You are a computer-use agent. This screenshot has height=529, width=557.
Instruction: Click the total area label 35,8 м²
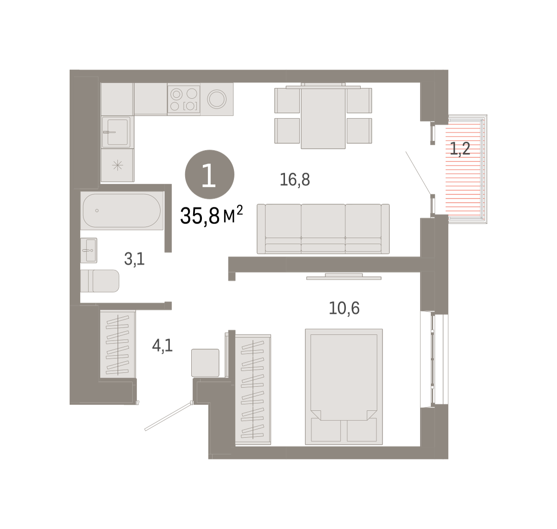(x=211, y=216)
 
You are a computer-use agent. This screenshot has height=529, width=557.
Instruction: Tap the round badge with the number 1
(x=209, y=174)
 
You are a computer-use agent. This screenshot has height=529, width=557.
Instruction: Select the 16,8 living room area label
(x=295, y=180)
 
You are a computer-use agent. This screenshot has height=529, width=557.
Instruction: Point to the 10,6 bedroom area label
(x=344, y=308)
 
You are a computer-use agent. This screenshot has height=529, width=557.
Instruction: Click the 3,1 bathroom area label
(x=134, y=259)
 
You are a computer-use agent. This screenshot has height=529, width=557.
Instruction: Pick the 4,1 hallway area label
(x=162, y=345)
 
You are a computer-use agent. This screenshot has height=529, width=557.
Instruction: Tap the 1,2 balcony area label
(x=460, y=149)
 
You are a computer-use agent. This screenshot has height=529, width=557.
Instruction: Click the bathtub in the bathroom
(x=122, y=210)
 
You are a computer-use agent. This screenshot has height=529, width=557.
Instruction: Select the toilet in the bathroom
(x=100, y=281)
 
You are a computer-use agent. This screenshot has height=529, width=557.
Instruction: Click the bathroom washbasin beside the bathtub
(x=89, y=250)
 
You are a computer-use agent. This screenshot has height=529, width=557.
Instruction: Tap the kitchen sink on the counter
(x=116, y=132)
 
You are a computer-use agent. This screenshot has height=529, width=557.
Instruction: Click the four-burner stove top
(x=184, y=99)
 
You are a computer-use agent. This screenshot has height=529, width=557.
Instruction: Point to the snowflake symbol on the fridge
(x=117, y=165)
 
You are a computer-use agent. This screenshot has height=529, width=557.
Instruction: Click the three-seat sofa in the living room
(x=323, y=229)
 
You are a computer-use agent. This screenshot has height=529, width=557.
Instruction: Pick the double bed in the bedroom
(x=343, y=387)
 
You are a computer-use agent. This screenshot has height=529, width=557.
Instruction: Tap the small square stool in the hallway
(x=205, y=363)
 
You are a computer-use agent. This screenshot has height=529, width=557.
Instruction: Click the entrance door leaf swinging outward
(x=169, y=417)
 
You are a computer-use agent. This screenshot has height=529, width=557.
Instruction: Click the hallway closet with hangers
(x=117, y=344)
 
